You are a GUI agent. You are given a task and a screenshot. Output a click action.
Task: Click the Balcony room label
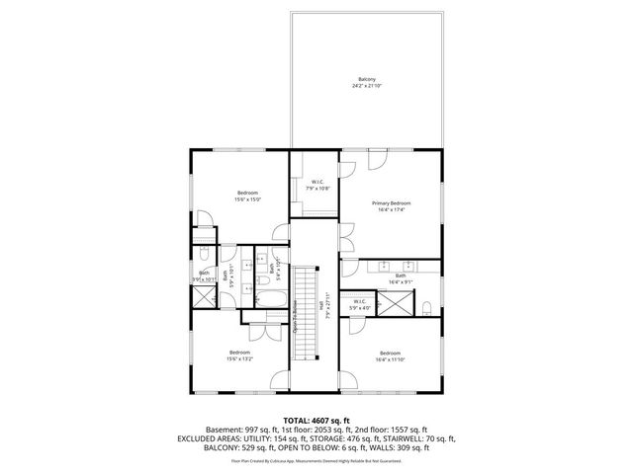tap(367, 82)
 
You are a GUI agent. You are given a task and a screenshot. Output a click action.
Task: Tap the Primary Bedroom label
tap(391, 205)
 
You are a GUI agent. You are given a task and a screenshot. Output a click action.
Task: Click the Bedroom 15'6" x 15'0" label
tap(246, 195)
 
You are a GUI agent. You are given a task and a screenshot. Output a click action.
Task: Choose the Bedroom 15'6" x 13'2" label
tap(240, 355)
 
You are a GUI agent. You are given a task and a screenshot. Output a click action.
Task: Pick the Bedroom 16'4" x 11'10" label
tap(390, 355)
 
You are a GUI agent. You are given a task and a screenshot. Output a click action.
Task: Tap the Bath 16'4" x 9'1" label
tap(401, 278)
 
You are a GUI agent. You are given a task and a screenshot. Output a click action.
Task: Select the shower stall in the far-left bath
tap(204, 299)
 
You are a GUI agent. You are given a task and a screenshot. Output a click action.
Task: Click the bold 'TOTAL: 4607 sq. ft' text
tap(316, 420)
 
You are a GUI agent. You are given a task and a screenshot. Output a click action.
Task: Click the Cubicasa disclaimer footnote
tap(316, 460)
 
